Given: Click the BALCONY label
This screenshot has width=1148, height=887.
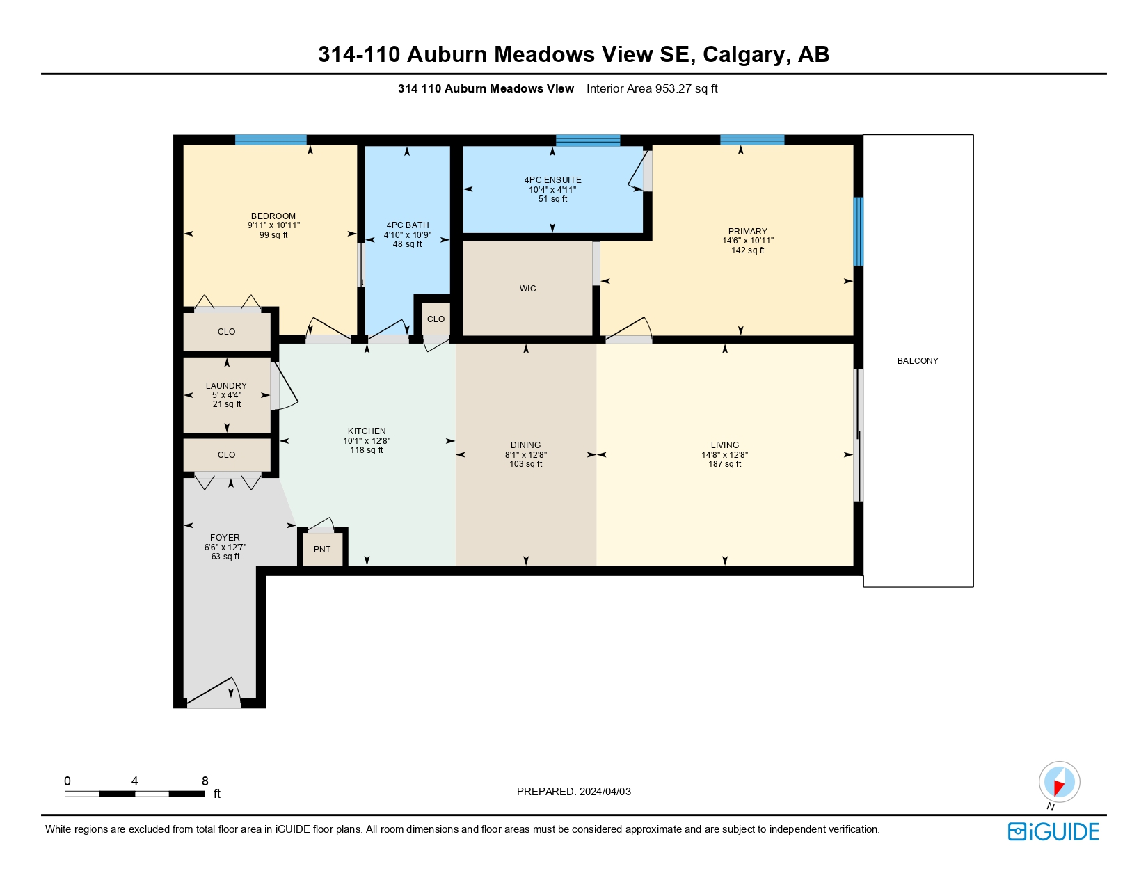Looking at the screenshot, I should (x=917, y=360).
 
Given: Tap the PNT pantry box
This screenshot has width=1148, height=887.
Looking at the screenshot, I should (x=322, y=549).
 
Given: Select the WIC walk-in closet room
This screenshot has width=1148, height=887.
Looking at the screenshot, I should (x=527, y=288).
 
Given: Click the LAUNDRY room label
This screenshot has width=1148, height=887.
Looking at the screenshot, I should (x=226, y=385).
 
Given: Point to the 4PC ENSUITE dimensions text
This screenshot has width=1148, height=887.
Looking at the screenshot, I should (x=552, y=189).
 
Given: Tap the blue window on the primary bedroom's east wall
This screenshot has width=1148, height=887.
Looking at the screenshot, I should (x=858, y=231).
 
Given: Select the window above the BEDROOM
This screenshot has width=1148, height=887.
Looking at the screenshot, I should (x=271, y=140).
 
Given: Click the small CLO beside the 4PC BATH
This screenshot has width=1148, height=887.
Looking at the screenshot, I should (x=436, y=319).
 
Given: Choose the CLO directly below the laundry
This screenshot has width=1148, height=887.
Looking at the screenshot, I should (x=226, y=454).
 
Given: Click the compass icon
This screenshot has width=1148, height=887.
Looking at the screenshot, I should (x=1059, y=782).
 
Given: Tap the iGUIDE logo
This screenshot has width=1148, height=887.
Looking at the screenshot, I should (x=1053, y=831).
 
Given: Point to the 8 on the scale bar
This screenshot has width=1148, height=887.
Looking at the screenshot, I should (x=205, y=781).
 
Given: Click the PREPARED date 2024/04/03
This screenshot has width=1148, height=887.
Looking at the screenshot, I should (x=605, y=791).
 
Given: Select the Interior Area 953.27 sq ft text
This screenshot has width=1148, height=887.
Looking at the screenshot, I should (x=651, y=88).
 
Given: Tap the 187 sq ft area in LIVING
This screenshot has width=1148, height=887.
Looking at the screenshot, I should (x=724, y=464).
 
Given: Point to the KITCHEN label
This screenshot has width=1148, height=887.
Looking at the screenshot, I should (x=367, y=431).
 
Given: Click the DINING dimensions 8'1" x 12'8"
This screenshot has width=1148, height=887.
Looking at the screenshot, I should (x=525, y=454).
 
